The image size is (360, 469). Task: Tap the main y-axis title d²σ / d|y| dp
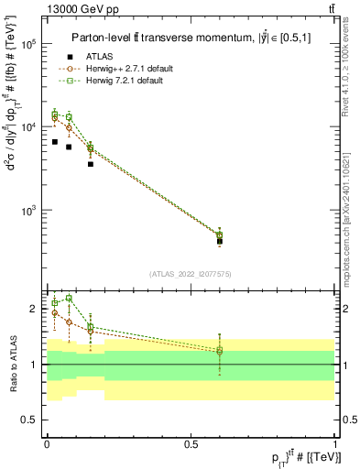[x=12, y=146]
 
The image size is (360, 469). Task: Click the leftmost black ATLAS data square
[x=55, y=142]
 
